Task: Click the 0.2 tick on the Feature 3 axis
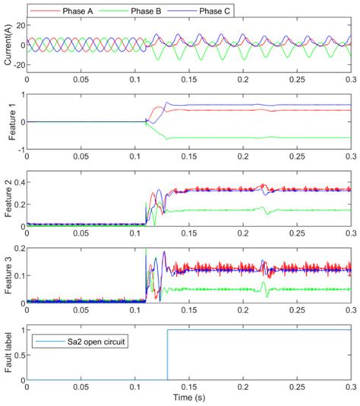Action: click(16, 249)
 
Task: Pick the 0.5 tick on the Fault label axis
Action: click(16, 355)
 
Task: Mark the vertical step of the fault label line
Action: click(167, 355)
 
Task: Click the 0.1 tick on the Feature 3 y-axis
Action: click(16, 275)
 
